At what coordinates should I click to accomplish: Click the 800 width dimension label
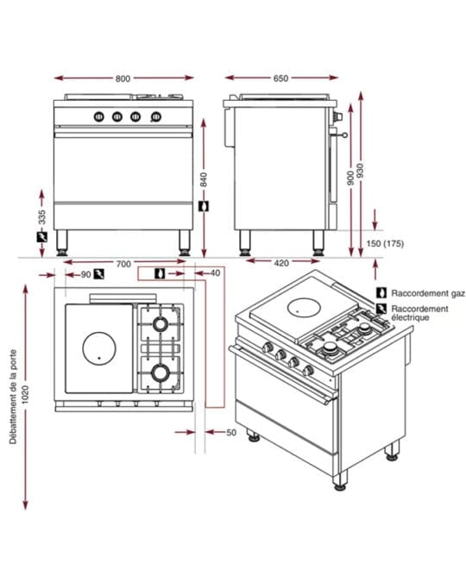point(123,78)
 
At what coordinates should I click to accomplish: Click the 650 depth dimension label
point(280,78)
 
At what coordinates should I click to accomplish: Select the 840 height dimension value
point(204,179)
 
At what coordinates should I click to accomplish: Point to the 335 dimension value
point(42,217)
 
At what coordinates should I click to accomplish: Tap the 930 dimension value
point(360,171)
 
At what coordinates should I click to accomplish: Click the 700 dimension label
point(123,264)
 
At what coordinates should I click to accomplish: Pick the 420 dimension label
point(281,263)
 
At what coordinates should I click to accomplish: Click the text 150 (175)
point(385,244)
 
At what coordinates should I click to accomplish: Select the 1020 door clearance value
point(25,395)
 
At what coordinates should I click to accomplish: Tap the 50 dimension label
point(231,433)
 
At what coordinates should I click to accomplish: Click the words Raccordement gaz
point(428,293)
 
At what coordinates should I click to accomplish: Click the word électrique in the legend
point(410,317)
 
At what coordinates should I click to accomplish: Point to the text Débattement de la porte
point(14,397)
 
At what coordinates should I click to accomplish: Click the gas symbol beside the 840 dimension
point(204,206)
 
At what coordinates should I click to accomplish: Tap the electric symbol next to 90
point(99,274)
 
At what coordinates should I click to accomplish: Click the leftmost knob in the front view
point(98,117)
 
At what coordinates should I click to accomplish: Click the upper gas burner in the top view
point(161,323)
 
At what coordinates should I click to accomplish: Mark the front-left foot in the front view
point(61,243)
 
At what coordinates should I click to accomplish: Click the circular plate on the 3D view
point(305,307)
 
